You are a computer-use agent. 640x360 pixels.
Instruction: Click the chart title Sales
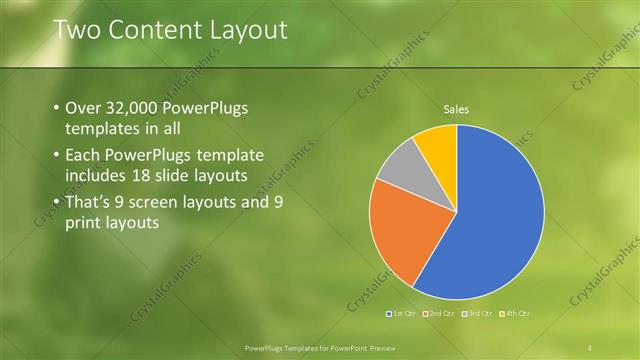(x=456, y=109)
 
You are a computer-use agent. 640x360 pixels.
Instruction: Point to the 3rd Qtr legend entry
(x=478, y=313)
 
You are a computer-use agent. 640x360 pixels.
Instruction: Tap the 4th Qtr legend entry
(x=514, y=313)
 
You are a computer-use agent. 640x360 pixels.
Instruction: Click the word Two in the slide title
(x=75, y=30)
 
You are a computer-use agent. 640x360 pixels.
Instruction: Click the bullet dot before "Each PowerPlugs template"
(x=54, y=156)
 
